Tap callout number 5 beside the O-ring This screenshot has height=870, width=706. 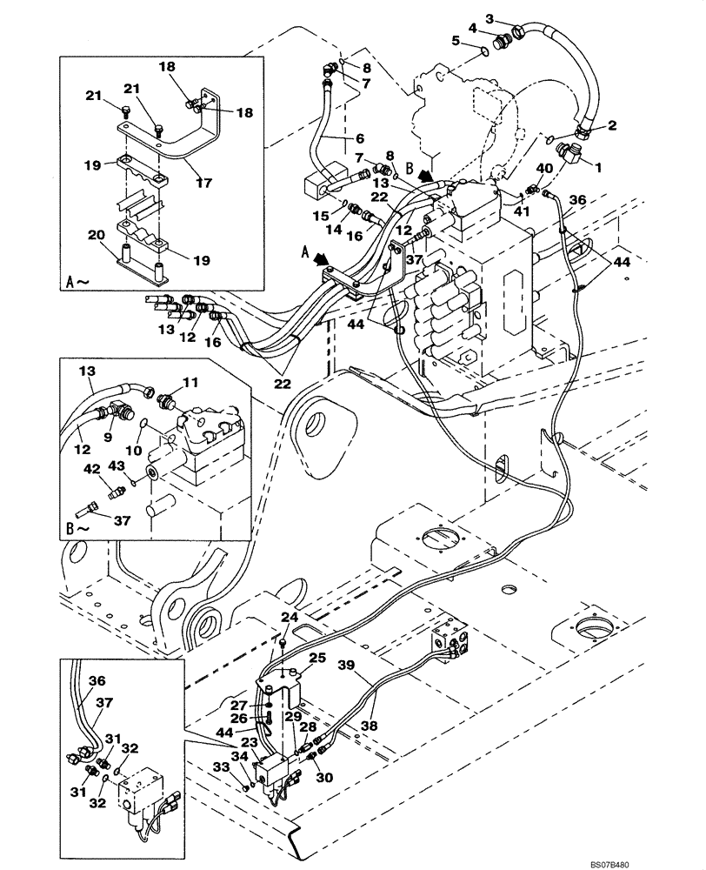coord(456,40)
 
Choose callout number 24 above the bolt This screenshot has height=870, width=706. coord(289,617)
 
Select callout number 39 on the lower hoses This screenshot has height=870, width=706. coord(346,666)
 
